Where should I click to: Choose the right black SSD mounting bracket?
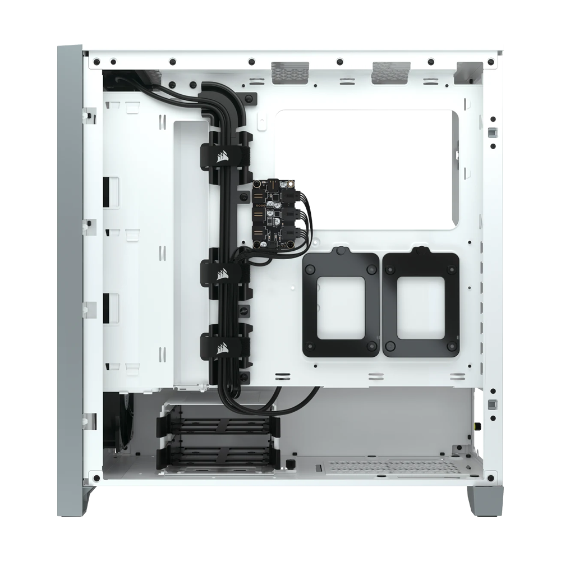click(x=421, y=302)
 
